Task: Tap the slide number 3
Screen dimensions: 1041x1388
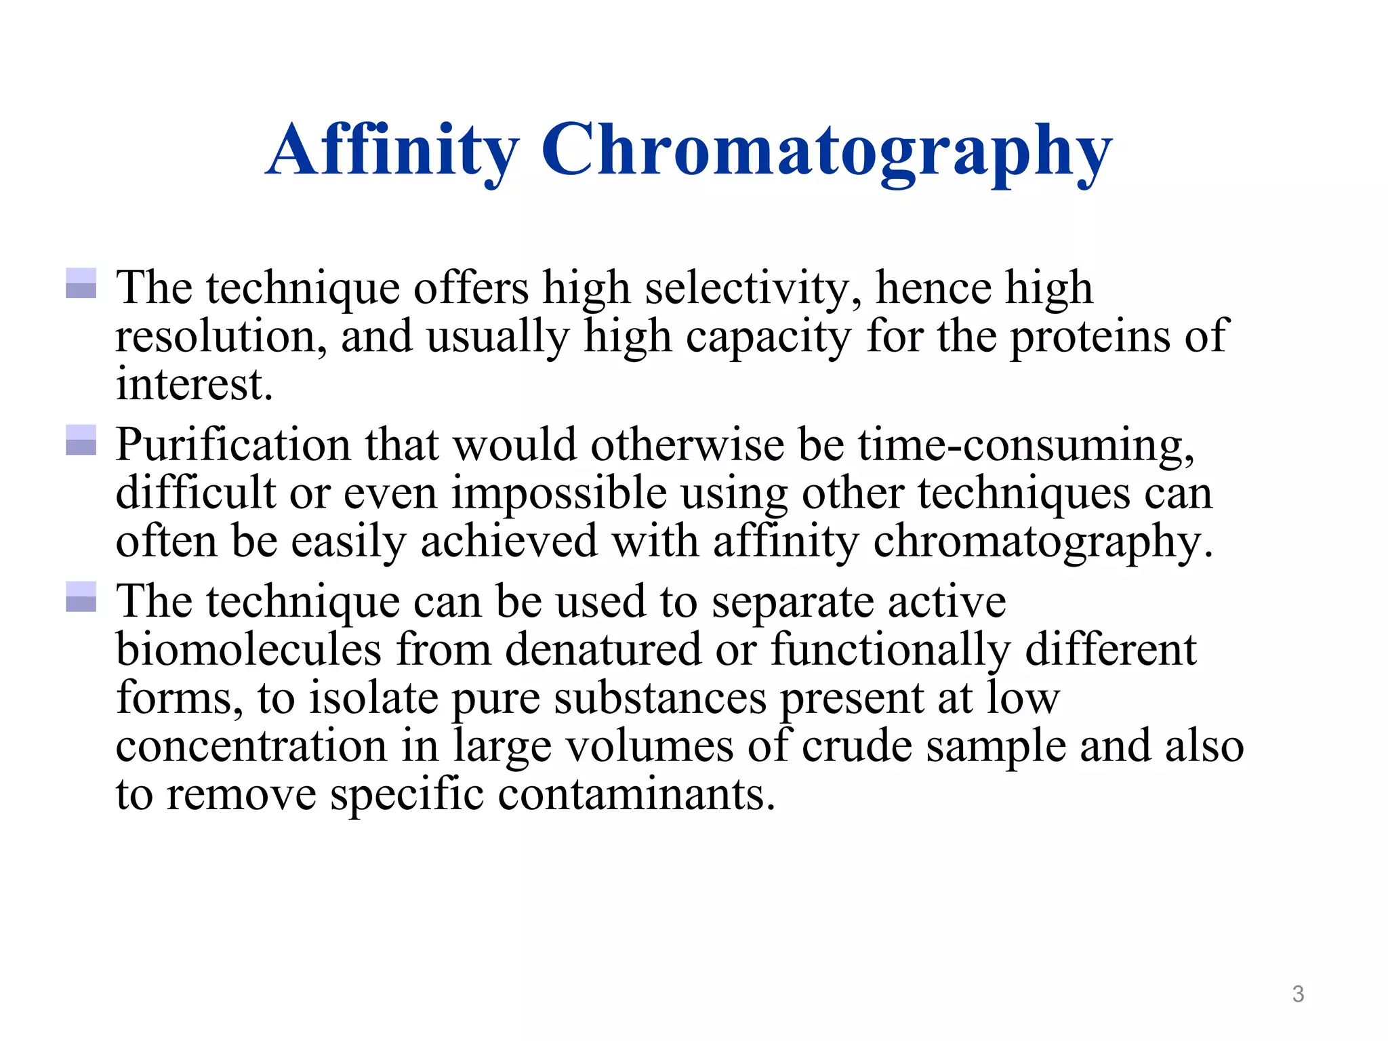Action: [1298, 994]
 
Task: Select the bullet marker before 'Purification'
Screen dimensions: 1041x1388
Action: [81, 441]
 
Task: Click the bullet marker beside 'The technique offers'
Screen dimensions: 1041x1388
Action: [81, 283]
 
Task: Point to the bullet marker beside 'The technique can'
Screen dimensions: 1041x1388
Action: [81, 597]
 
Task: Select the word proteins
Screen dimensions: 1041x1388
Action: [1089, 337]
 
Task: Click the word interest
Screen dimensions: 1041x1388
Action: [194, 385]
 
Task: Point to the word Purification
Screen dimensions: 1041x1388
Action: [233, 446]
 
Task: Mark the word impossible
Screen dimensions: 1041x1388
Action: [559, 494]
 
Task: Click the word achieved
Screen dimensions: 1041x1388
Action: [509, 542]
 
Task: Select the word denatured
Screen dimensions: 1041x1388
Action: [603, 650]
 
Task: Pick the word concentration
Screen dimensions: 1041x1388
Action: [251, 747]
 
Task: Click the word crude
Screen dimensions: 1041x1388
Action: [857, 747]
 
